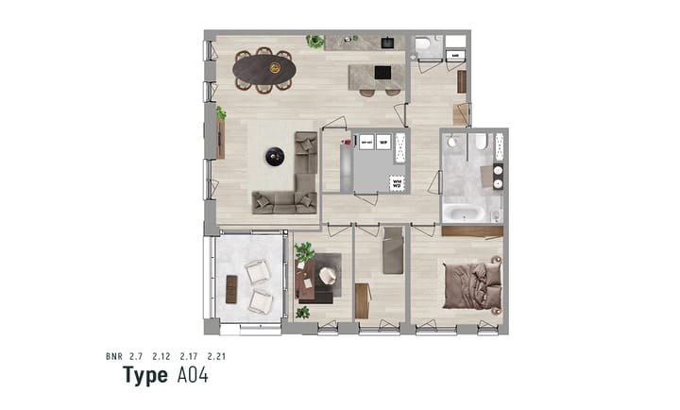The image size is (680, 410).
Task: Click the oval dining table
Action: (x=264, y=69)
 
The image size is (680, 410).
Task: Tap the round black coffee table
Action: (x=275, y=157)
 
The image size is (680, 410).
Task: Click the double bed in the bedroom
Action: (x=471, y=283)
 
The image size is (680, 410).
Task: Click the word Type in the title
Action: (x=145, y=375)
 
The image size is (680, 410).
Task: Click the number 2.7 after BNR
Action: (x=137, y=357)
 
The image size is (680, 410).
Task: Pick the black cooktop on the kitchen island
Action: (x=382, y=72)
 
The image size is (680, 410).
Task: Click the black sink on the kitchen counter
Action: (x=386, y=43)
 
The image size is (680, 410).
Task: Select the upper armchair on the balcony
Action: (x=257, y=272)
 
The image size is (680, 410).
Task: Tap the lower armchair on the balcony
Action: (x=261, y=301)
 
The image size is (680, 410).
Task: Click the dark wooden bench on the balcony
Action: (x=231, y=289)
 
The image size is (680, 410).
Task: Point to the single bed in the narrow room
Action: (x=393, y=250)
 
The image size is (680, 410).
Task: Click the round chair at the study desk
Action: (x=328, y=275)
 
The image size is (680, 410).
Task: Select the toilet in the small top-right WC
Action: (x=423, y=43)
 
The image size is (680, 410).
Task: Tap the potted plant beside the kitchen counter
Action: (x=314, y=42)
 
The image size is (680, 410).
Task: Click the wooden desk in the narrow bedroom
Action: (x=362, y=300)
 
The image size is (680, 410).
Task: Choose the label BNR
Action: (x=113, y=357)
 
